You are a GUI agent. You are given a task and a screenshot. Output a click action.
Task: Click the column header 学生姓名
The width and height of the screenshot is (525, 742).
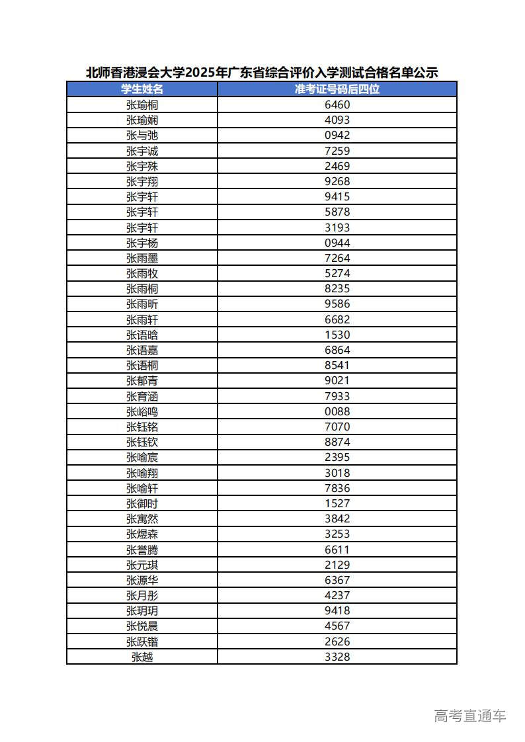pyautogui.click(x=141, y=89)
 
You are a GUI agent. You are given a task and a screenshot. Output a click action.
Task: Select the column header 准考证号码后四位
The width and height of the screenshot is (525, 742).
pyautogui.click(x=337, y=89)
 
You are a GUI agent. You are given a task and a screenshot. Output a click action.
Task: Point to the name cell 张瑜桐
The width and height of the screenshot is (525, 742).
pyautogui.click(x=141, y=104)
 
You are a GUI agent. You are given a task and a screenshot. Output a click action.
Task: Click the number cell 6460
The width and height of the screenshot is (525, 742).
pyautogui.click(x=337, y=104)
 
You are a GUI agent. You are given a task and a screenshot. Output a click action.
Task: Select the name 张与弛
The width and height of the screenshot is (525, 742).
pyautogui.click(x=141, y=135)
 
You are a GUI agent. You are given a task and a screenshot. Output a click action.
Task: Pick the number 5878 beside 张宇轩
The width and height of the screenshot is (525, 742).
pyautogui.click(x=337, y=212)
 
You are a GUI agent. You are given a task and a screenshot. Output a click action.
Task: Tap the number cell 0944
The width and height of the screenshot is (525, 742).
pyautogui.click(x=337, y=243)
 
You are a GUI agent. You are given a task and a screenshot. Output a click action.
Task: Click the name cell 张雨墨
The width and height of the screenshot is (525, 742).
pyautogui.click(x=141, y=258)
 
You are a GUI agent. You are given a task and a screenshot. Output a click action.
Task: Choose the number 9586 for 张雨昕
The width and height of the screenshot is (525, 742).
pyautogui.click(x=337, y=304)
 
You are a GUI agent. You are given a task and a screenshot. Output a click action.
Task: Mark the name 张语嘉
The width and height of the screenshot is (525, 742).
pyautogui.click(x=141, y=350)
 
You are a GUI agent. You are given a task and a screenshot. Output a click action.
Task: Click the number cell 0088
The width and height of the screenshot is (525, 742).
pyautogui.click(x=337, y=411)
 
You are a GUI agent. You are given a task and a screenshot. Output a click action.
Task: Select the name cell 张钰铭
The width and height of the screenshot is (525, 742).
pyautogui.click(x=141, y=427)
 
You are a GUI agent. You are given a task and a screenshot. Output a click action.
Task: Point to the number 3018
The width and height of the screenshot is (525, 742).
pyautogui.click(x=337, y=473)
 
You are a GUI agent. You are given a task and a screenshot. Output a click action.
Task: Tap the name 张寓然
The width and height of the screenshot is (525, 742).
pyautogui.click(x=141, y=518)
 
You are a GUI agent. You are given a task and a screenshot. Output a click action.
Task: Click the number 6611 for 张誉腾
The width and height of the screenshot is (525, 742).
pyautogui.click(x=337, y=550)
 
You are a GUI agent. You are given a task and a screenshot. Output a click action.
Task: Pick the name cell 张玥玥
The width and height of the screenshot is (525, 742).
pyautogui.click(x=141, y=610)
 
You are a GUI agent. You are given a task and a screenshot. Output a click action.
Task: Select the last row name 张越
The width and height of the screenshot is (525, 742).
pyautogui.click(x=141, y=657)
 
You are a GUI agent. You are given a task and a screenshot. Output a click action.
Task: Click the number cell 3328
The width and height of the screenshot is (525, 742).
pyautogui.click(x=337, y=657)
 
